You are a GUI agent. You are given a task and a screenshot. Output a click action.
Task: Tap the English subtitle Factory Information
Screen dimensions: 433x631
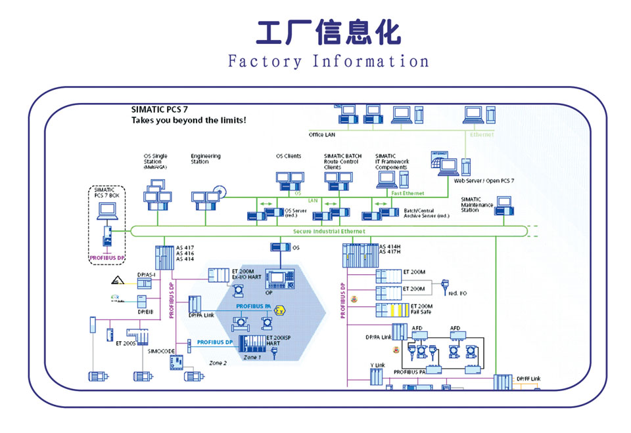[328, 62]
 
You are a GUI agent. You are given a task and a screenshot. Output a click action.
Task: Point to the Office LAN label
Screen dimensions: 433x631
[322, 134]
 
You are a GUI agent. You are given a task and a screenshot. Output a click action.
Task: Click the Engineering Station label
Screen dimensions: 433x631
[205, 159]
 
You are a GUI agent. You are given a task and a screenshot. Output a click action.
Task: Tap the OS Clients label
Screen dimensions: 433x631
[288, 156]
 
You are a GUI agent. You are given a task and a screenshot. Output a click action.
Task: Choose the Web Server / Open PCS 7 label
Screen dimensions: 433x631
[484, 180]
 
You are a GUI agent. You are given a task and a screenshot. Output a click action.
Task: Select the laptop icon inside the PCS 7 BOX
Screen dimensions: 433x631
[106, 211]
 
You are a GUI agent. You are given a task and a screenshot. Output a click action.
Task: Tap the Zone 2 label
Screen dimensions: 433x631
[218, 363]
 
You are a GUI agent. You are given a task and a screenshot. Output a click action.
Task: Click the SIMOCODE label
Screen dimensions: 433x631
[161, 351]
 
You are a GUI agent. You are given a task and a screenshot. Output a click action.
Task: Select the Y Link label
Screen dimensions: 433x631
[377, 365]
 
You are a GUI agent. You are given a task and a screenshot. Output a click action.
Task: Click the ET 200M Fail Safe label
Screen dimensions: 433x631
[421, 309]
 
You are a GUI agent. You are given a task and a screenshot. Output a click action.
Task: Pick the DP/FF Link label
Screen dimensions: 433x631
[528, 379]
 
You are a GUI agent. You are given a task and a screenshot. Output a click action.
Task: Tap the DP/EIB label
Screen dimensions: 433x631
[145, 312]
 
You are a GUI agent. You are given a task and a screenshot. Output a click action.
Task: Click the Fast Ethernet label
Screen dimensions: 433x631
[408, 194]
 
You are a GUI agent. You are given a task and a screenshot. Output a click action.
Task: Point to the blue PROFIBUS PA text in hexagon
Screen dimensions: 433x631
[254, 306]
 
